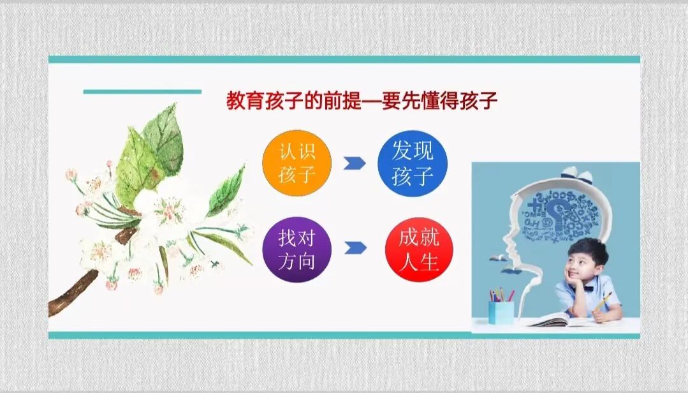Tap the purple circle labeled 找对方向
click(x=297, y=249)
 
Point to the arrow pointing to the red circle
click(x=355, y=248)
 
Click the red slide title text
click(x=362, y=100)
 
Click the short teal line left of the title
click(x=142, y=92)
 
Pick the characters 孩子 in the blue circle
click(x=413, y=175)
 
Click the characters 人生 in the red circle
click(x=420, y=261)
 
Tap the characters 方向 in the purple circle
click(x=297, y=261)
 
